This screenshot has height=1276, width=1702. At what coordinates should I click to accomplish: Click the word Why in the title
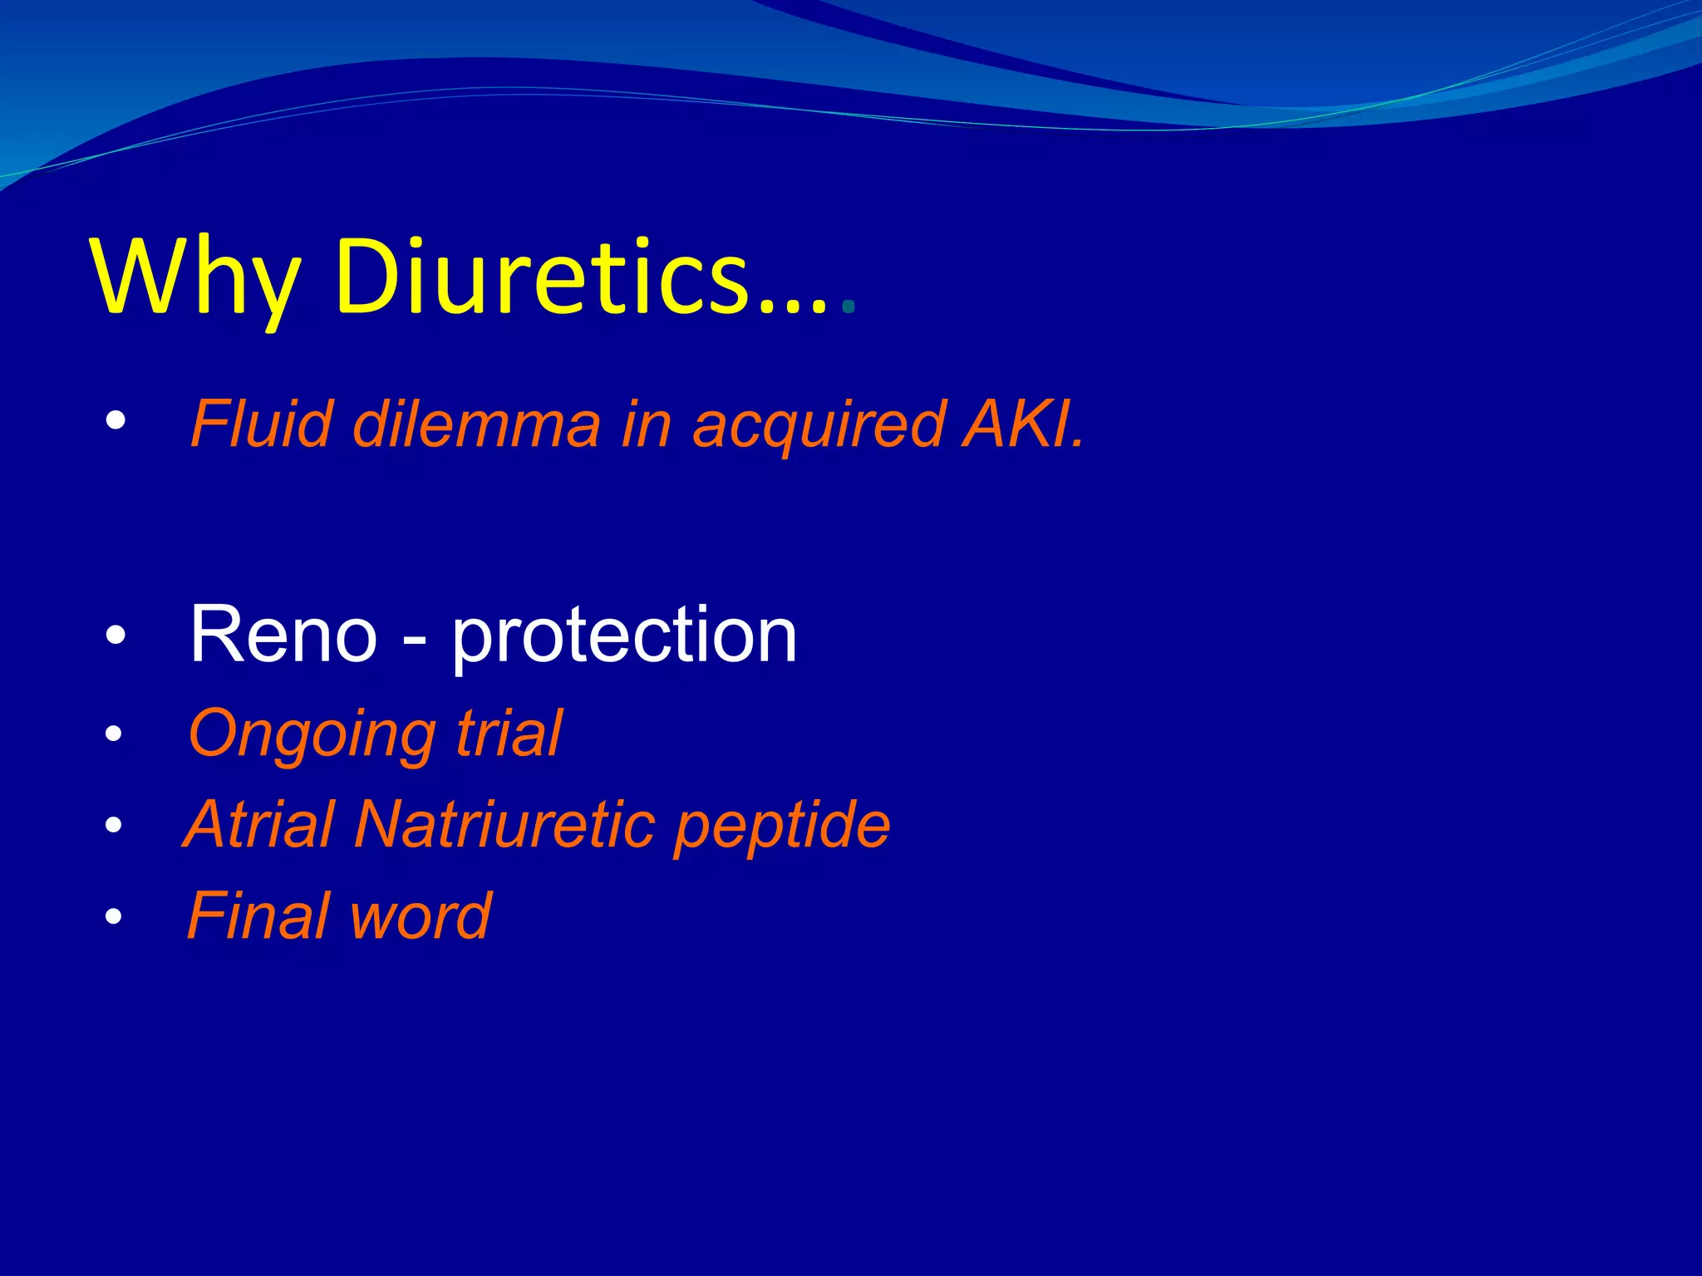196,277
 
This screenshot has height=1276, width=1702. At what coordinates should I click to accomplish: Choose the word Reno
283,635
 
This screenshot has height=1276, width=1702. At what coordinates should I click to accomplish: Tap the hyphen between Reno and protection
414,640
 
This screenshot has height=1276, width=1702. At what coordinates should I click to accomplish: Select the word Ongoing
312,736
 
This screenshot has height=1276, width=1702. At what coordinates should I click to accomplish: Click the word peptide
781,827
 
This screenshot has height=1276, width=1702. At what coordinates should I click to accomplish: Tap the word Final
258,915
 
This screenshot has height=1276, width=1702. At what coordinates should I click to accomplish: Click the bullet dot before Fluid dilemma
116,420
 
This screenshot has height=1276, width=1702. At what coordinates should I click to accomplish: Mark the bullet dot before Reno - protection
116,636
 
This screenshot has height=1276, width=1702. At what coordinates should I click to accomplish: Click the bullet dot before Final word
114,917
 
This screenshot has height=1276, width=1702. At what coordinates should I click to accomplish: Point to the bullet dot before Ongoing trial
114,734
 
